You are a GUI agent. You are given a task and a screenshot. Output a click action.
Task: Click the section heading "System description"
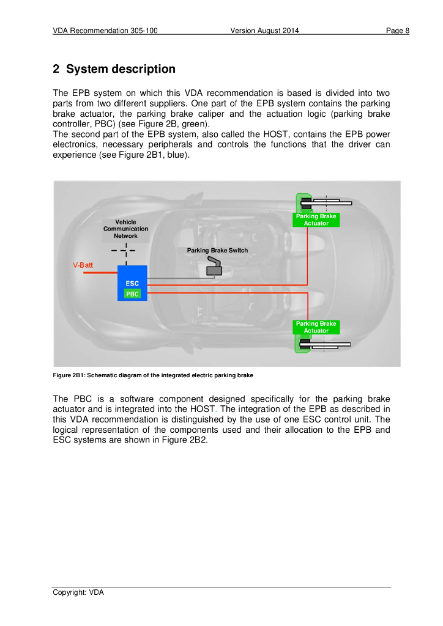click(x=121, y=69)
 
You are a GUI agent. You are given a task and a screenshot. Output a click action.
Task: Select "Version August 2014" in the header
click(x=264, y=31)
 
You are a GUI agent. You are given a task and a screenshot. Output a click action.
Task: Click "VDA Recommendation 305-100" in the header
click(x=105, y=31)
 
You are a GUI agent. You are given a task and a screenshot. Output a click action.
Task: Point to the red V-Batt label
click(x=83, y=265)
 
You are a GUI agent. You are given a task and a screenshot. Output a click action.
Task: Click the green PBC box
click(x=132, y=294)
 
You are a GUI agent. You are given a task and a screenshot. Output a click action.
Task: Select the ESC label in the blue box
click(x=132, y=284)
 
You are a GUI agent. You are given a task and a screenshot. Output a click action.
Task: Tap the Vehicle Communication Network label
click(x=125, y=229)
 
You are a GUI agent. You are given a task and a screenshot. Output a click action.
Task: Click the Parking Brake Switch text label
click(x=217, y=251)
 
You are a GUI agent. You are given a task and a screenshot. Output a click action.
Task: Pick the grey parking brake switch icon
click(x=214, y=267)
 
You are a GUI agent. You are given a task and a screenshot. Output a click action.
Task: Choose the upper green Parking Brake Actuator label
click(x=316, y=220)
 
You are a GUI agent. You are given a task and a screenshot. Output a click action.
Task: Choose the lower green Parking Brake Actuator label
click(x=316, y=327)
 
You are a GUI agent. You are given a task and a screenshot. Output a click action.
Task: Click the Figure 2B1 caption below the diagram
click(x=153, y=374)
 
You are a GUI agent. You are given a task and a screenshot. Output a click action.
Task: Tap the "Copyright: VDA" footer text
click(x=78, y=592)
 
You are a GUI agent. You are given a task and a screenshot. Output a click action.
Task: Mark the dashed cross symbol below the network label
click(x=125, y=250)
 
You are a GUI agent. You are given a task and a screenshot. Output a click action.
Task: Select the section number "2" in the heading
click(x=56, y=69)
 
